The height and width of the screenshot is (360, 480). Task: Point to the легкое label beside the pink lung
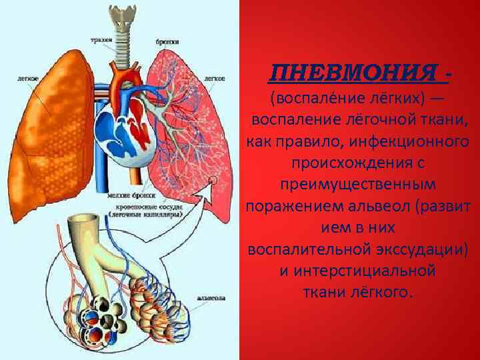point(214,77)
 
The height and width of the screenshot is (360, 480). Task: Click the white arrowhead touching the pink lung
point(213,182)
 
